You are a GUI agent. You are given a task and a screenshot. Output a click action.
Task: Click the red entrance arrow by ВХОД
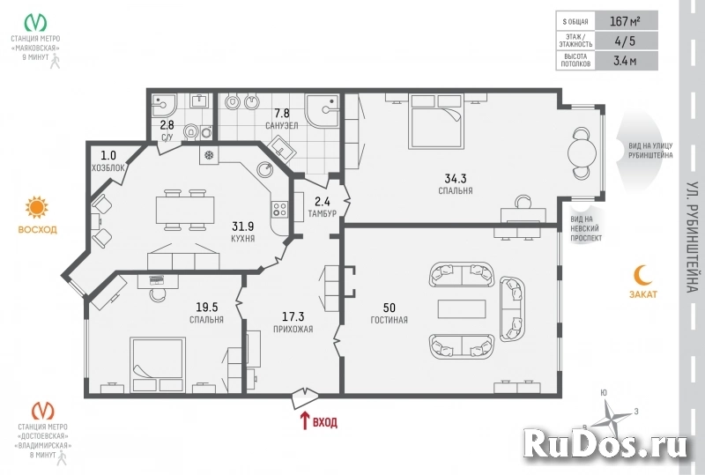click(305, 421)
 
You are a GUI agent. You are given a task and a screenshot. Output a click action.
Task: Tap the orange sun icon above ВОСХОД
click(36, 208)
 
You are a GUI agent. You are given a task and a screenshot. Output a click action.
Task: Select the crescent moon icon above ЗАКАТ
click(642, 274)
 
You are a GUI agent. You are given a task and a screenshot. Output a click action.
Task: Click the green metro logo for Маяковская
click(36, 22)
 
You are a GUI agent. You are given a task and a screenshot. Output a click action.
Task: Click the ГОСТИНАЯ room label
click(389, 319)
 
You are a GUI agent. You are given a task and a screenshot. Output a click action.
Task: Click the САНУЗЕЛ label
click(281, 126)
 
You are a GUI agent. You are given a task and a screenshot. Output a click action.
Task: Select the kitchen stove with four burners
click(281, 210)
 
